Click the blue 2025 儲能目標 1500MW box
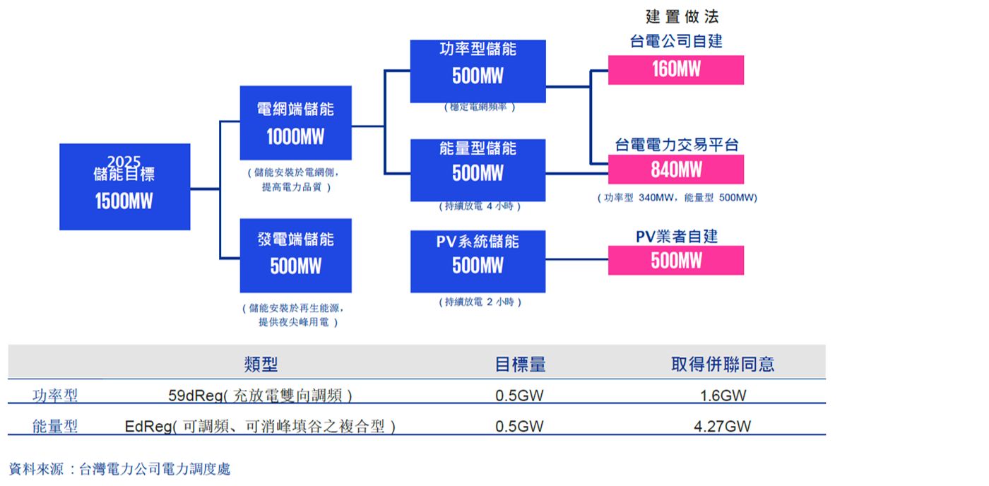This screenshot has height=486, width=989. [124, 186]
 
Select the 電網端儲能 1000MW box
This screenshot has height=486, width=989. [295, 123]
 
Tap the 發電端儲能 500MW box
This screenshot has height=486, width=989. [295, 255]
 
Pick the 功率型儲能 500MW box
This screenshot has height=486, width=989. [478, 71]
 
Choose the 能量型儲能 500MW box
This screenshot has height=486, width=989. [478, 170]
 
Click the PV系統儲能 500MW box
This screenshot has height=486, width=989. [478, 261]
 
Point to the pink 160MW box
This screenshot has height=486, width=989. [675, 70]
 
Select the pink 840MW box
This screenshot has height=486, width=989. [675, 170]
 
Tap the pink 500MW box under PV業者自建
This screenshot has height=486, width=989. [675, 261]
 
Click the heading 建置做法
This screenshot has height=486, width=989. [682, 17]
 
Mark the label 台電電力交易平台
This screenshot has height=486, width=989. [676, 146]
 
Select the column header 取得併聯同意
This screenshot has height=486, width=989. [722, 364]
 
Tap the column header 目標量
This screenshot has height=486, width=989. [520, 364]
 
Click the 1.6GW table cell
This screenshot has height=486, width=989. [723, 396]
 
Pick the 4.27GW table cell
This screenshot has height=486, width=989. [723, 427]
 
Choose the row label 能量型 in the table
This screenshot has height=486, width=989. [55, 427]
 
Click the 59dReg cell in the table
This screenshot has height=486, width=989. [260, 396]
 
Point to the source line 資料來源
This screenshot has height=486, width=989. [119, 469]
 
